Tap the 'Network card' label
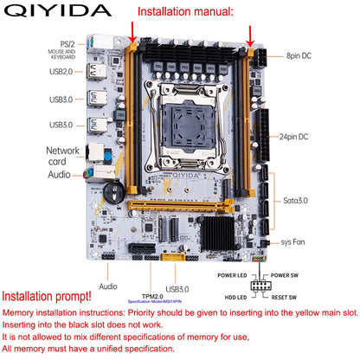(68, 157)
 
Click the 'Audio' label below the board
(108, 285)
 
